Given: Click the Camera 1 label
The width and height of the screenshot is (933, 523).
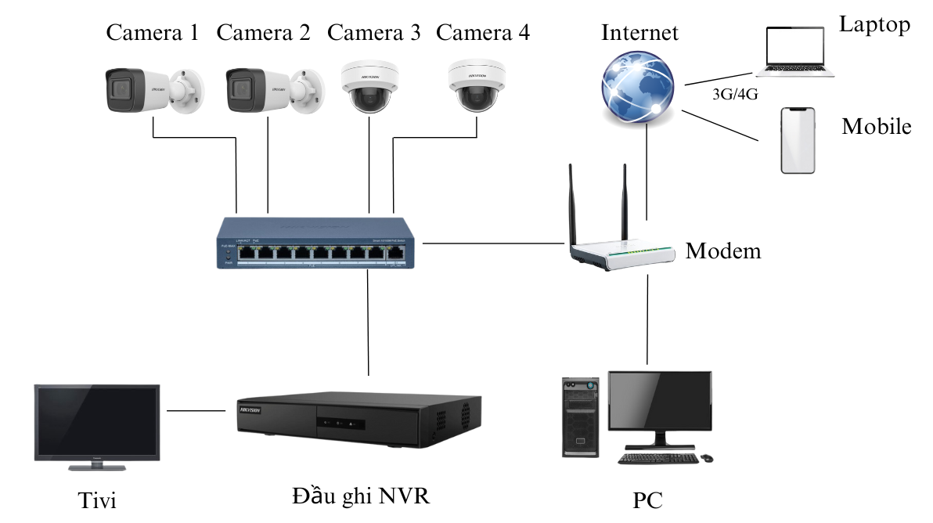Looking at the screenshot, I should [152, 33].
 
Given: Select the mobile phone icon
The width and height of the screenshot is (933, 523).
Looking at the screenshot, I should [798, 141].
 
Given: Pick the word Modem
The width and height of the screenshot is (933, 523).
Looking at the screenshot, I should [723, 251].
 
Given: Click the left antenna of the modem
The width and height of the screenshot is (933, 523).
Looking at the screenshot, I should [574, 204].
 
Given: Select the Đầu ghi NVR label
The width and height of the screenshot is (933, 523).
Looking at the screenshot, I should [360, 496].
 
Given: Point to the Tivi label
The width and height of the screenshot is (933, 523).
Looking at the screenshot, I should [98, 500].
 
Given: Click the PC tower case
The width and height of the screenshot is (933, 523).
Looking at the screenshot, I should [580, 417].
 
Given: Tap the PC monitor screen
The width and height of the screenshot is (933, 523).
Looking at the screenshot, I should [660, 399].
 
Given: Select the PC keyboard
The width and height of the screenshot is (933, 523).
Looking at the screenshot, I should [656, 458].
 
